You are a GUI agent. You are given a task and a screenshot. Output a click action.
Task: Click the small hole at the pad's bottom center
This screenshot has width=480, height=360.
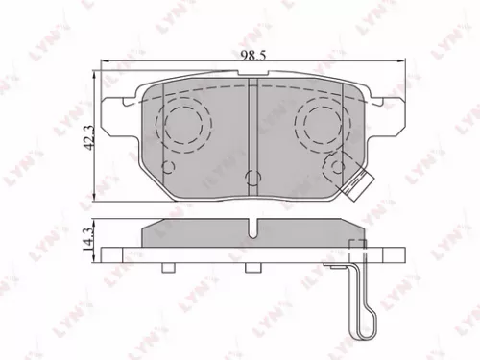click(x=252, y=177)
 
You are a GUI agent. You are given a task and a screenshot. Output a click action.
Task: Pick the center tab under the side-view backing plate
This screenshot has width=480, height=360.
click(x=252, y=268)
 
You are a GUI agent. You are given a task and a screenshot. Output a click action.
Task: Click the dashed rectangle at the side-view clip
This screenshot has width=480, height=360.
click(x=355, y=252)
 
